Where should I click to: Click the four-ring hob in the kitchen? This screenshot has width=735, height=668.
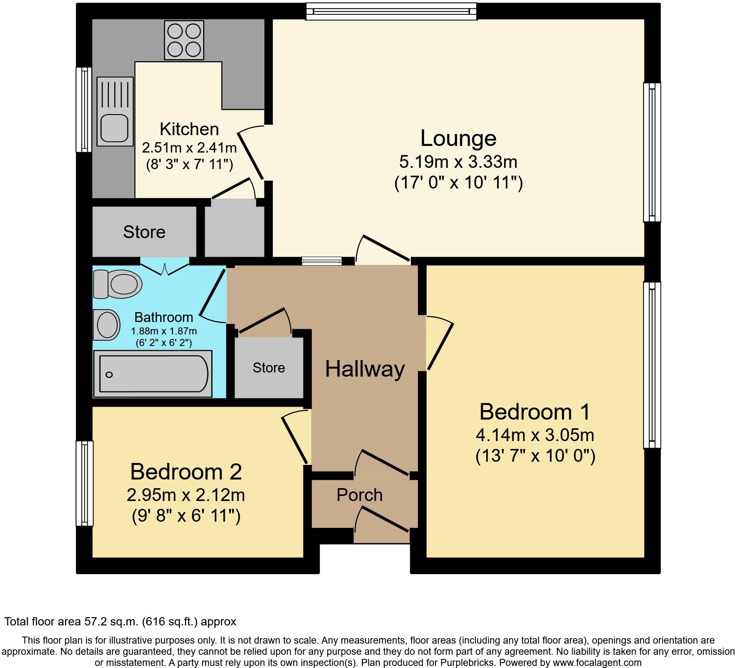point(184,40)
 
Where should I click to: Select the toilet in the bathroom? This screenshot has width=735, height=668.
point(118,284)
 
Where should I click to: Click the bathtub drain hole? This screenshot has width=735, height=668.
point(109,375)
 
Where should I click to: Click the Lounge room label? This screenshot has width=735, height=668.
point(458,138)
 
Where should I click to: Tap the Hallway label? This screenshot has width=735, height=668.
point(365,369)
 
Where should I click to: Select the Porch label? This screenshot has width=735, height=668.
point(359,495)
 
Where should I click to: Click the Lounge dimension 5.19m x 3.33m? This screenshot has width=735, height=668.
point(458,162)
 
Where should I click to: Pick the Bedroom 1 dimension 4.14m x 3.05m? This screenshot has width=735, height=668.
point(535,435)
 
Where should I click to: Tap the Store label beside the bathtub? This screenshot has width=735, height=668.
point(269,367)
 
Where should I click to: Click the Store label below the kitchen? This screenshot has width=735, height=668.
point(144,232)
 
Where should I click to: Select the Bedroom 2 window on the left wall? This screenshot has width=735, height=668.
point(84,483)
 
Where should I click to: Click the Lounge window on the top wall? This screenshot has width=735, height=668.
point(391,11)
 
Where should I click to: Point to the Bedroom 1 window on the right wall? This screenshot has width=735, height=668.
point(651,365)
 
